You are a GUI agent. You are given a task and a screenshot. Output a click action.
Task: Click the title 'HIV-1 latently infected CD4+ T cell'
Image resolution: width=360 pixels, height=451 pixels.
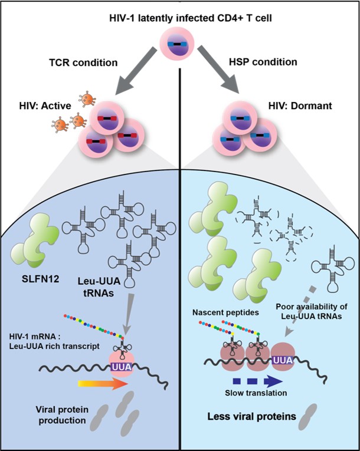[x=191, y=18]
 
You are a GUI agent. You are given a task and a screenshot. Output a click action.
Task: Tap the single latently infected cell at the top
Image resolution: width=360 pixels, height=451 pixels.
[x=177, y=44]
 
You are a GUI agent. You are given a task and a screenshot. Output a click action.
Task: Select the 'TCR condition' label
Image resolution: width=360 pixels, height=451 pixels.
[x=84, y=62]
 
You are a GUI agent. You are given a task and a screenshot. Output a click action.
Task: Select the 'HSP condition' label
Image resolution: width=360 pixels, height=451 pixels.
[x=263, y=62]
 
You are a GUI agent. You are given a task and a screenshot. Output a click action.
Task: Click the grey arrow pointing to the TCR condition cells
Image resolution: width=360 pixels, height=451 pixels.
[x=136, y=71]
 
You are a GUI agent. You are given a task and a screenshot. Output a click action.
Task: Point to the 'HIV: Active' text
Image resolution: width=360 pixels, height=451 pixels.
[x=45, y=106]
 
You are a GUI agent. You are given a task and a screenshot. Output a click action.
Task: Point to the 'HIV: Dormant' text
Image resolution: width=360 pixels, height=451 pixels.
[x=300, y=106]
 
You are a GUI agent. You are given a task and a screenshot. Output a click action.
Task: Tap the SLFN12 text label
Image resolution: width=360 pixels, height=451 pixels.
[x=40, y=279]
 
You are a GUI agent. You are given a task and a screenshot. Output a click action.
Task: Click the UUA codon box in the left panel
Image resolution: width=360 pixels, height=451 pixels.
[x=121, y=367]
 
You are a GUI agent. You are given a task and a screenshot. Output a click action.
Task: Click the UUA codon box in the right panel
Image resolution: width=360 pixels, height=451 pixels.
[x=283, y=360]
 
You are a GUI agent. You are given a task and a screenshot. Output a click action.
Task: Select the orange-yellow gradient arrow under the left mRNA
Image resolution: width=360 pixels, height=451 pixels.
[x=103, y=384]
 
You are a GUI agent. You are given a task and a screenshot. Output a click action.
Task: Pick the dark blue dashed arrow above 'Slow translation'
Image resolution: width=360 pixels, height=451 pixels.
[x=257, y=381]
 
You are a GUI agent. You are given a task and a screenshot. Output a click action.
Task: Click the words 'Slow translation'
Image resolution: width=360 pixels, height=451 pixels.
[x=256, y=393]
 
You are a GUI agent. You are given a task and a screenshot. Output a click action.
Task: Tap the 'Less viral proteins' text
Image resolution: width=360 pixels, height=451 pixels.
[x=252, y=416]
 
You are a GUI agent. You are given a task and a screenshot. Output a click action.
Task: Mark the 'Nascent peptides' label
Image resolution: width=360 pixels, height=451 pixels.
[x=225, y=312]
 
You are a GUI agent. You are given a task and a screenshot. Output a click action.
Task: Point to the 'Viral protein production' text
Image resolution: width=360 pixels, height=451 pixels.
[x=62, y=415]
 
